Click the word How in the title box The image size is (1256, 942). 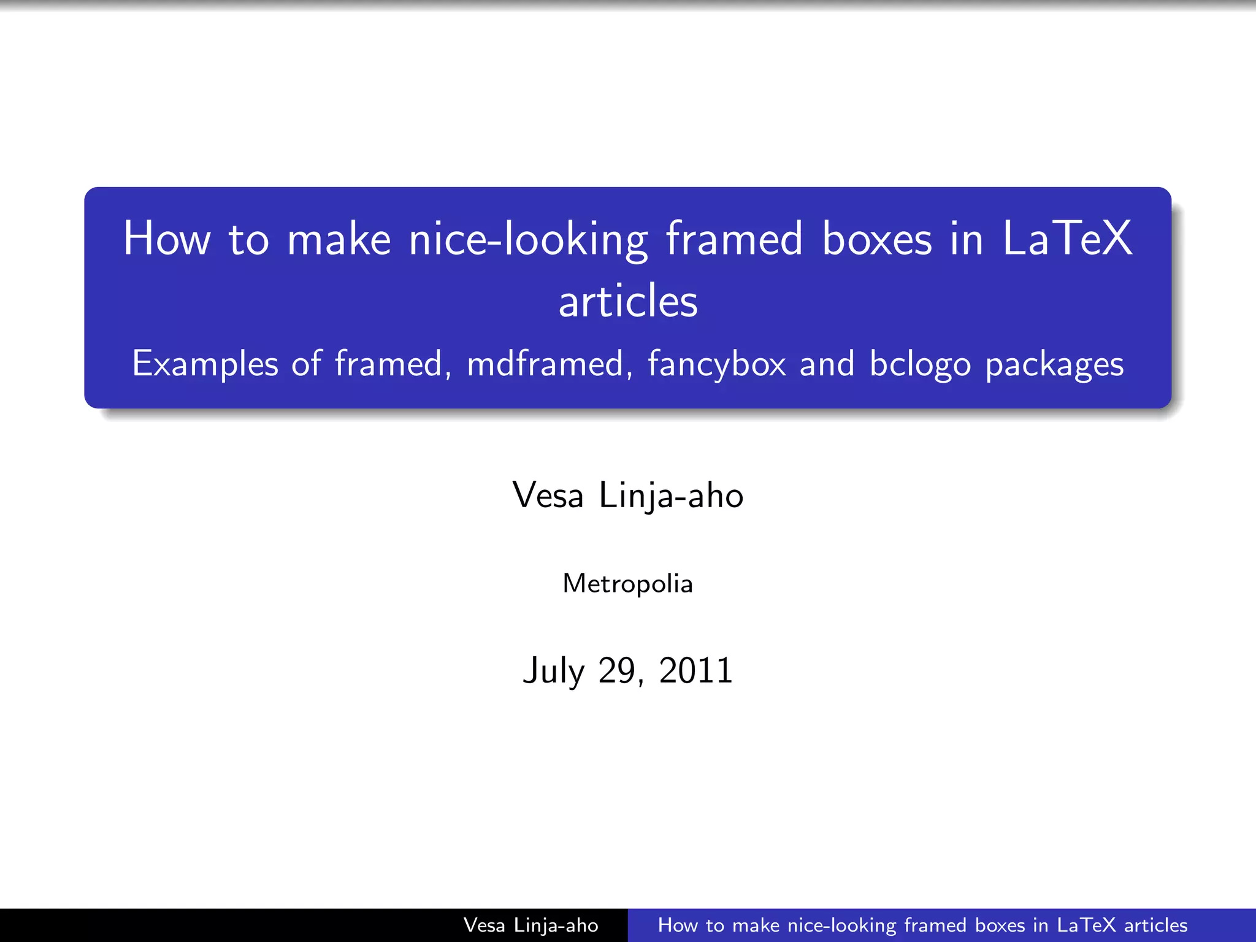[167, 239]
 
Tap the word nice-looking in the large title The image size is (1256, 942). [528, 240]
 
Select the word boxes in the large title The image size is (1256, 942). [877, 239]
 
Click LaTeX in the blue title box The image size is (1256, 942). [1067, 239]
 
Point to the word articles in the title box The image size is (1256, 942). [628, 301]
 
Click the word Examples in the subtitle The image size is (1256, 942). [205, 364]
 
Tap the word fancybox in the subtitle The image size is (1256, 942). [716, 364]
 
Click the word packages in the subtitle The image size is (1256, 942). [1054, 364]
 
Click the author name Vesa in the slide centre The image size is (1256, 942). [548, 495]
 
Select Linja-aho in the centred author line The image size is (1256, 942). [671, 495]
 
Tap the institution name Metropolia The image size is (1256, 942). [628, 583]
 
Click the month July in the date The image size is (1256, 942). [554, 670]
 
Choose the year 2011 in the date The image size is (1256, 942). [695, 670]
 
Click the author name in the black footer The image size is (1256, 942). [530, 925]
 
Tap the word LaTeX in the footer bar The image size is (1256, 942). [1087, 925]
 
